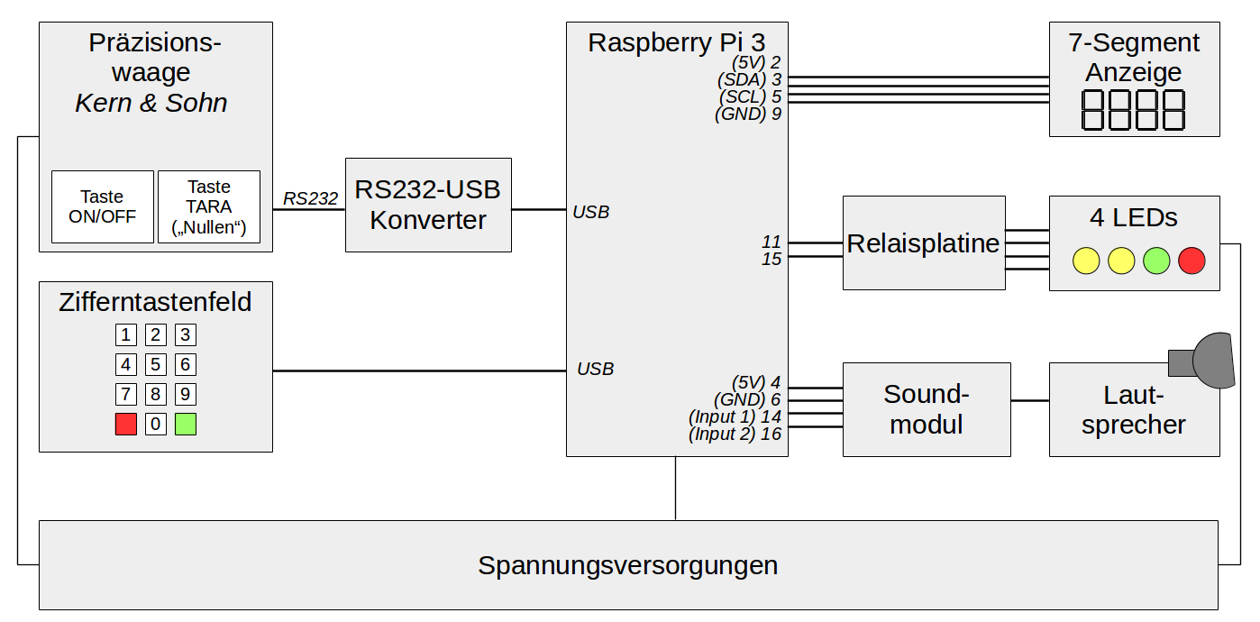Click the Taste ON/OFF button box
coord(102,206)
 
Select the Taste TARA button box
coord(209,206)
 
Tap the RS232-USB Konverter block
coord(428,205)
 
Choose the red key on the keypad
coord(126,424)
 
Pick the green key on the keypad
coord(186,424)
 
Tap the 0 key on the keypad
coord(156,424)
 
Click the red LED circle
coord(1192,261)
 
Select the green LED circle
coord(1156,261)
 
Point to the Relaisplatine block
coord(924,242)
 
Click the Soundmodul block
coord(927,409)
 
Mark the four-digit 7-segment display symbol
coord(1134,110)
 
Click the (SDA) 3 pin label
coord(749,79)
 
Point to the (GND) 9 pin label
coord(748,114)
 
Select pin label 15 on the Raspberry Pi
coord(771,259)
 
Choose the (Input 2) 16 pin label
coord(735,434)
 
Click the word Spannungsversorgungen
coord(628,565)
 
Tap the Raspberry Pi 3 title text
coord(676,42)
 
